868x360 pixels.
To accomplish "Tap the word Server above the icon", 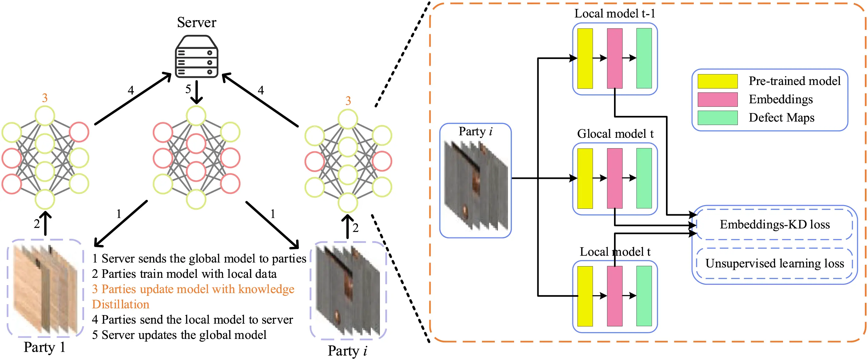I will click(x=197, y=23).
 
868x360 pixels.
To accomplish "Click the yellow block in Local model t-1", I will click(x=585, y=58).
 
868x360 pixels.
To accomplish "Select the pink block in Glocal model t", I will click(x=614, y=178).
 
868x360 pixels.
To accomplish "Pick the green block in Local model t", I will click(x=644, y=296).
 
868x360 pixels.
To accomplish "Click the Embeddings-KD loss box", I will click(x=774, y=225).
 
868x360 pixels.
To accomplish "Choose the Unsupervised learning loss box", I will click(x=774, y=263).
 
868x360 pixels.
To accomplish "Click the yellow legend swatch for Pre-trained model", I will click(x=717, y=81).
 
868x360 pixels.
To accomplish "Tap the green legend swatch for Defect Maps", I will click(x=717, y=118).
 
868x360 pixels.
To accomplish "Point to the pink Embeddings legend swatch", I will click(x=717, y=99).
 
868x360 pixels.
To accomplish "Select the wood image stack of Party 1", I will click(x=46, y=288).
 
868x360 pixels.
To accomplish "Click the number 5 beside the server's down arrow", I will click(x=188, y=89).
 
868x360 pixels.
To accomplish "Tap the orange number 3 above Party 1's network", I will click(x=45, y=98).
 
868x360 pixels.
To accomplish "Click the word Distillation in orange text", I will click(x=121, y=304).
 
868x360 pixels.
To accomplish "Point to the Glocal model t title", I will click(x=615, y=134).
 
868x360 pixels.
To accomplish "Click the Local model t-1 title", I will click(x=615, y=13).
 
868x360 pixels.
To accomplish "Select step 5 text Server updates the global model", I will click(x=179, y=335).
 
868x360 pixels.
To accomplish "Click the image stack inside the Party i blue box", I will click(x=476, y=186).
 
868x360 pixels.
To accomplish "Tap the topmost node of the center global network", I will click(x=196, y=116).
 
